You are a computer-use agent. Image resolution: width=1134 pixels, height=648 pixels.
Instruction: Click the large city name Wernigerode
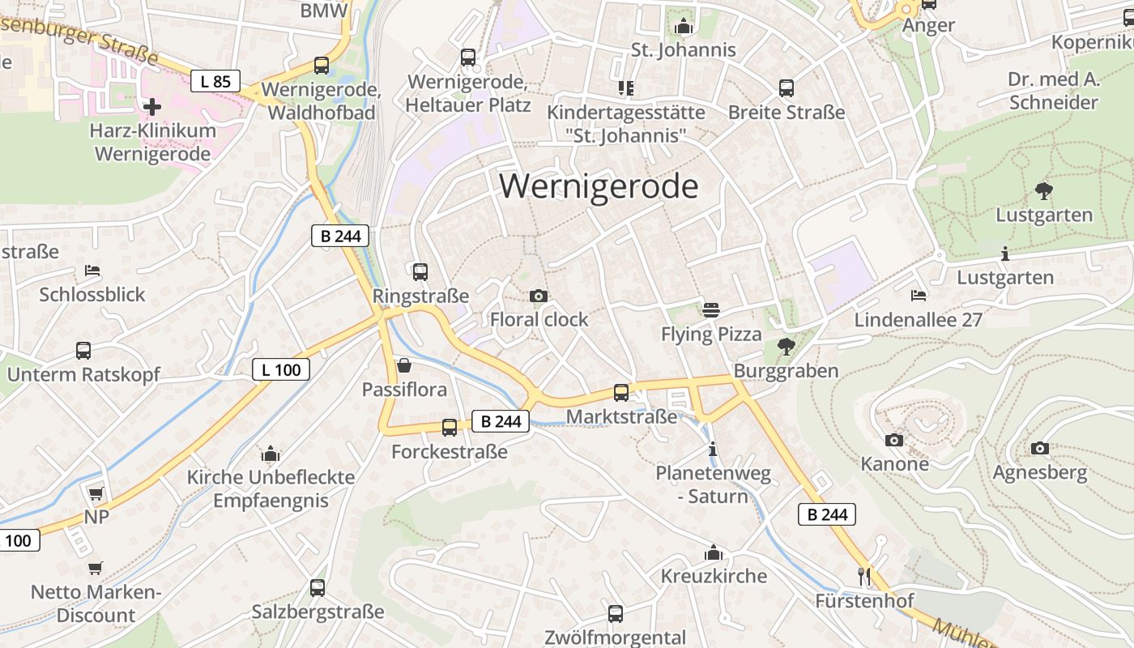[599, 186]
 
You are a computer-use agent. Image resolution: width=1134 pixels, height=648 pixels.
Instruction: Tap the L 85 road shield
[215, 81]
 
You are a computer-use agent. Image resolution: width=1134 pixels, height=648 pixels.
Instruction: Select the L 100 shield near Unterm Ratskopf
[281, 370]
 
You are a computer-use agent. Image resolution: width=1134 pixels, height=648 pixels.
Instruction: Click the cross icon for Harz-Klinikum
[151, 106]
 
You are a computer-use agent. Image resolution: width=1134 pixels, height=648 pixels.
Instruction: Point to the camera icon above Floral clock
[539, 296]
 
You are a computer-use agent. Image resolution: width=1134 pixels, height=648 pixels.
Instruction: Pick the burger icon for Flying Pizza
[711, 309]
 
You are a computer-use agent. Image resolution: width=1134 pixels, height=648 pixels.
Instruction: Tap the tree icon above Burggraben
[785, 347]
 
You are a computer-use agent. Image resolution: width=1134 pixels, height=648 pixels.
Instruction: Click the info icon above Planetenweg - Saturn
[713, 449]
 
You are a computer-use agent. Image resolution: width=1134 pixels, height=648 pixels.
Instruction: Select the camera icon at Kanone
[894, 440]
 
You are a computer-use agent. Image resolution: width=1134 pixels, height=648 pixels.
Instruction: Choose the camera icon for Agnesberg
[1040, 448]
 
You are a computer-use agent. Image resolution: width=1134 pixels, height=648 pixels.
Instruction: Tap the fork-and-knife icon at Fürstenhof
[864, 576]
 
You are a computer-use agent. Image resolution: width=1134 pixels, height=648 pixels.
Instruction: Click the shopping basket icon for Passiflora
[403, 366]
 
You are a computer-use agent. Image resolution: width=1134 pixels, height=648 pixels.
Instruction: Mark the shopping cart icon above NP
[96, 493]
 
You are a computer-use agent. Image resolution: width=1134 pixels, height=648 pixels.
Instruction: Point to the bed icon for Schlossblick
[92, 271]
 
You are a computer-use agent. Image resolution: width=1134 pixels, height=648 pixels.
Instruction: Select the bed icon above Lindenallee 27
[918, 296]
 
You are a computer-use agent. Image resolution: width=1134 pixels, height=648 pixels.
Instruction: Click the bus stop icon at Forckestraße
[450, 428]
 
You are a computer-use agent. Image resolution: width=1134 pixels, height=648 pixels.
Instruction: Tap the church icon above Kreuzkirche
[714, 552]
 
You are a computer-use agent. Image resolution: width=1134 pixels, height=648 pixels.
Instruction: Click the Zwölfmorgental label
[616, 637]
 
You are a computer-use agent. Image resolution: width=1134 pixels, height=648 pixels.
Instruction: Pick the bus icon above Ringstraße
[420, 272]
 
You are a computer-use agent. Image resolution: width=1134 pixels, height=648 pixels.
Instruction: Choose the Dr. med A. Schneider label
[1054, 91]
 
